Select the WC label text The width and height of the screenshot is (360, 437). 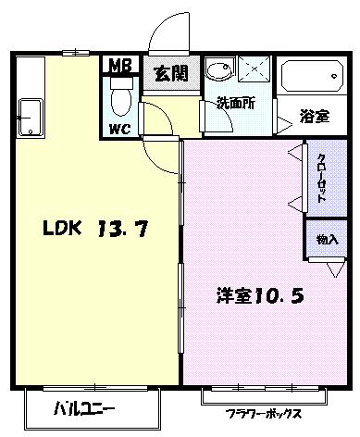(x=120, y=129)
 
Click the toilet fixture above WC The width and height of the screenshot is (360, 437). (x=120, y=94)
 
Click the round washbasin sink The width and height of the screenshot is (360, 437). (x=218, y=72)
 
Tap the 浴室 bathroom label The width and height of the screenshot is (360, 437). (x=313, y=117)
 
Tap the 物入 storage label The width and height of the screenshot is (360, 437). (x=326, y=239)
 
